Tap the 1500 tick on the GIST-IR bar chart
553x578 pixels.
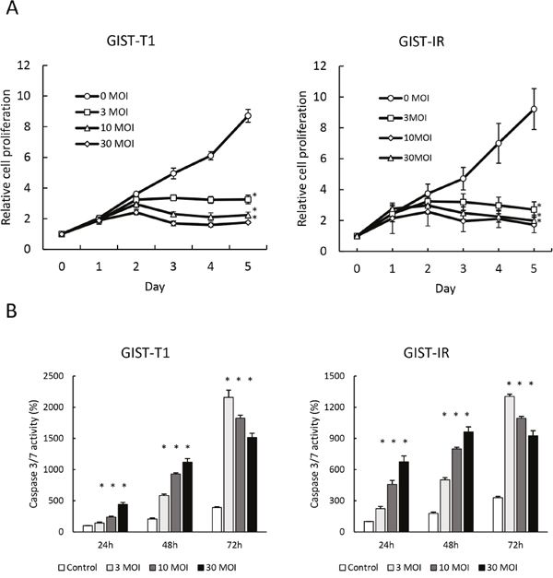(334, 375)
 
